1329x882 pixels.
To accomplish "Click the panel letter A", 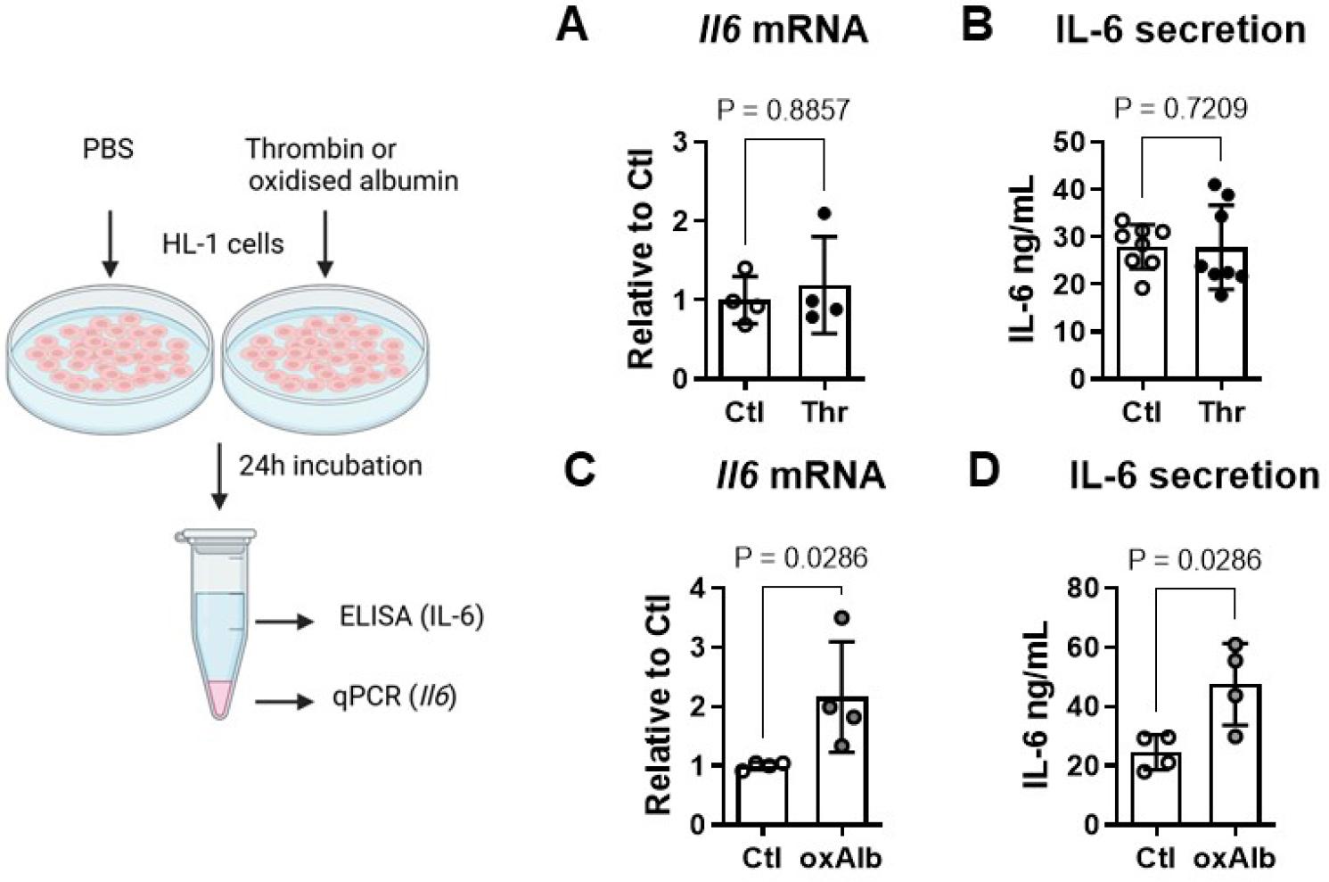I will coord(572,26).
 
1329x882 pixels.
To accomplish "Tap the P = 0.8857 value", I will coord(783,110).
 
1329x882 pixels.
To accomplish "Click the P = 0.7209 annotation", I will coord(1181,108).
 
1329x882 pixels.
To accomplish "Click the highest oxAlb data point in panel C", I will coord(841,617).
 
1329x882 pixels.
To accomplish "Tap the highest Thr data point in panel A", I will coord(824,213).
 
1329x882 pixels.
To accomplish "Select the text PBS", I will coord(108,148).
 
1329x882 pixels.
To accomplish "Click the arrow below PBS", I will coord(109,241).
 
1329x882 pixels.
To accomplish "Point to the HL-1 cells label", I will coord(223,243).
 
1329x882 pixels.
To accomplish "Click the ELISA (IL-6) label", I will coord(411,616).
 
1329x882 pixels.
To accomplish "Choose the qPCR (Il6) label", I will coord(395,697).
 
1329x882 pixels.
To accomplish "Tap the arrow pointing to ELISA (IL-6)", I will coord(284,622).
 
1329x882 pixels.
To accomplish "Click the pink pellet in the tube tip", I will coord(217,698).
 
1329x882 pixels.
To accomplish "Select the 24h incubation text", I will coord(330,466).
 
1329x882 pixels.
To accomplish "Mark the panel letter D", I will coord(984,473).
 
